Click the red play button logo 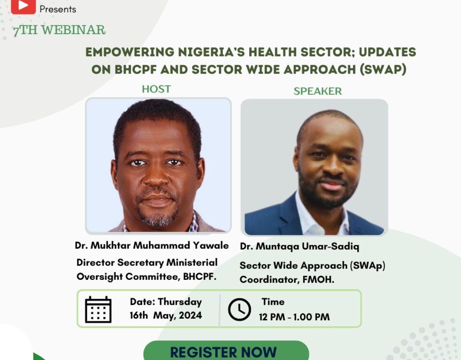23,6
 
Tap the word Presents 58,10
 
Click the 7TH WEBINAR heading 59,30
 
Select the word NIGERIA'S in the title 211,52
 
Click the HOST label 156,89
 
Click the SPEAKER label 317,91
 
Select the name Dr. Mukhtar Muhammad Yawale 152,245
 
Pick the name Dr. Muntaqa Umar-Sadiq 300,246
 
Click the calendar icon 98,310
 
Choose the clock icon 239,309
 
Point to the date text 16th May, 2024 166,315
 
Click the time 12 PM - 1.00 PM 294,317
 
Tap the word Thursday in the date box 180,302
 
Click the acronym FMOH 318,279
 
